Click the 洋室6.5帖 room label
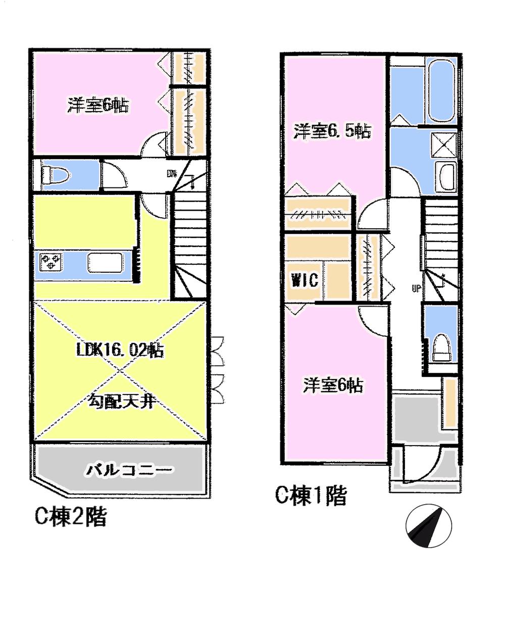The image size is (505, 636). coord(333,132)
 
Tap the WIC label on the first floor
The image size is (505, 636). coord(304,279)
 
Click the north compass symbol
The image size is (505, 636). coord(429,526)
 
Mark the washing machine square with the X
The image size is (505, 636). coord(444,144)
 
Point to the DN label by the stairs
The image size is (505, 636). coord(172,174)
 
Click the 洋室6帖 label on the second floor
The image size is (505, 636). coord(98,106)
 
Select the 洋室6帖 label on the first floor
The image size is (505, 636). coord(333,385)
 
